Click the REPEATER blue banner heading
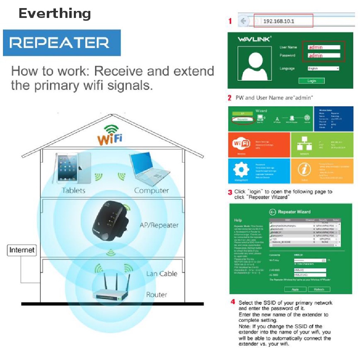tap(62, 43)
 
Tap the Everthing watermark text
tap(54, 14)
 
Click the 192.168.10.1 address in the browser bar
tap(278, 21)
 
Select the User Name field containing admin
tap(324, 47)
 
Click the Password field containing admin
tap(324, 55)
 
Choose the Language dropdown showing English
tap(323, 69)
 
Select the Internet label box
tap(22, 250)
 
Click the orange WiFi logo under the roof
tap(110, 135)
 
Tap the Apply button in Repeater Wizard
tap(295, 289)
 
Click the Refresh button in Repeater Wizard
tap(319, 289)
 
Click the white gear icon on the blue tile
tap(241, 170)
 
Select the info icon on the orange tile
tap(304, 170)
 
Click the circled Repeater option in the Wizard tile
tap(243, 120)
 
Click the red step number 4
tap(232, 302)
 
